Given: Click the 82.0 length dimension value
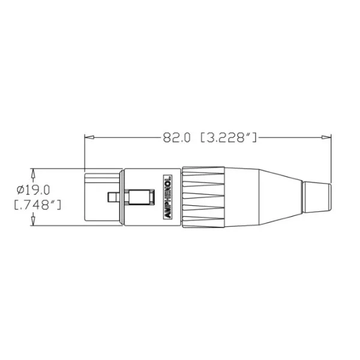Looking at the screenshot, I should point(176,137).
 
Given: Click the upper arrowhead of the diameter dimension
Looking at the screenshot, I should point(33,173).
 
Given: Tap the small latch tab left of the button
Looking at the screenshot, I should point(112,197).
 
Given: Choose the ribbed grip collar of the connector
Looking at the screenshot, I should point(203,197).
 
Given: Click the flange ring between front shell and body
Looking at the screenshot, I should point(122,197).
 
